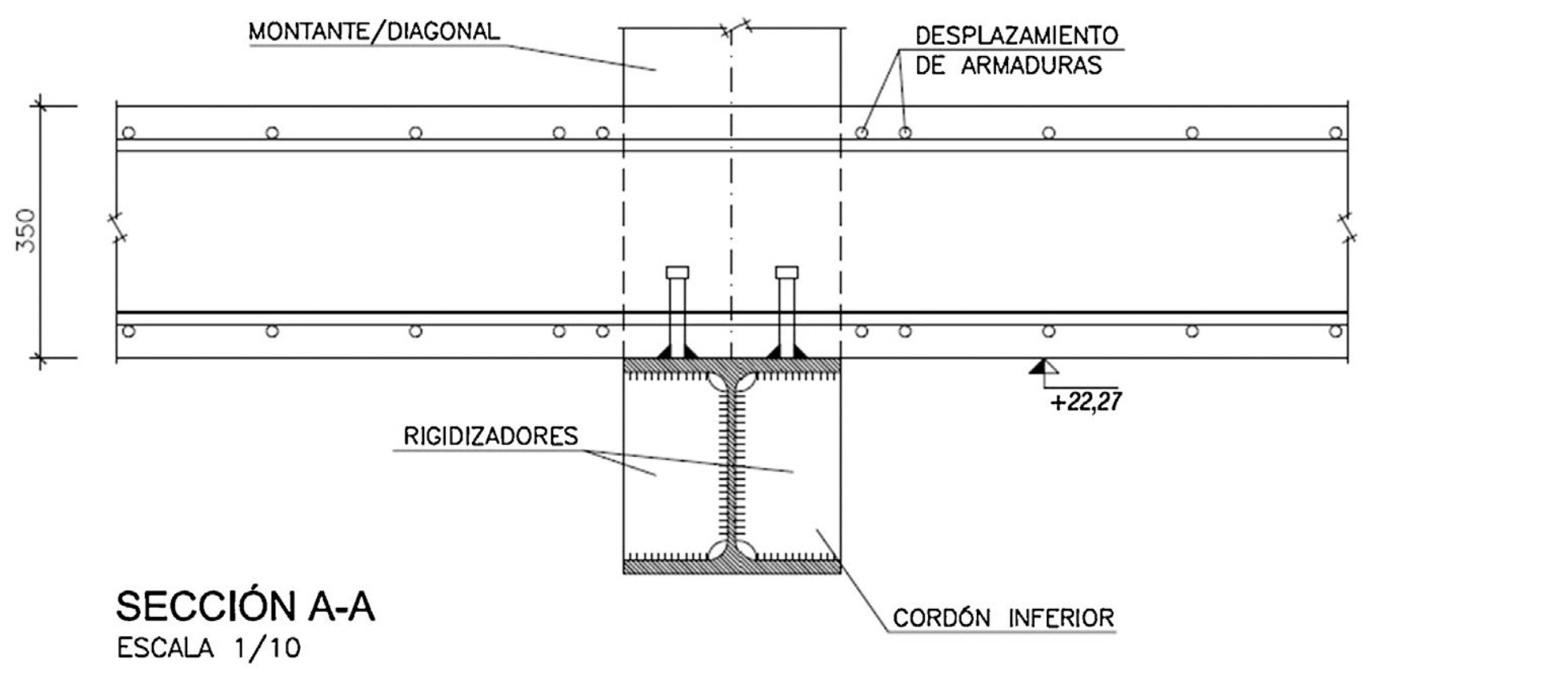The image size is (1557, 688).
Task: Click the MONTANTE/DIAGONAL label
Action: tap(374, 32)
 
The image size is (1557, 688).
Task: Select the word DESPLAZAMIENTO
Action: tap(1016, 36)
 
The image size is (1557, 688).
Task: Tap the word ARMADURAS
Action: tap(1031, 66)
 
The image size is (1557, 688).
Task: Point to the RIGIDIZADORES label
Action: tap(490, 437)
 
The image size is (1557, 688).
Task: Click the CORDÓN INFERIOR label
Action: tap(1003, 618)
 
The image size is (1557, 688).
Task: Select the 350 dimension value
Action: tap(26, 230)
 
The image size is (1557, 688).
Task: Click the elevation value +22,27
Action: tap(1086, 401)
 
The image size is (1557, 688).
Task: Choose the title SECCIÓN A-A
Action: tap(245, 606)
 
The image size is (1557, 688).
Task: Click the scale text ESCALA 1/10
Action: tap(209, 648)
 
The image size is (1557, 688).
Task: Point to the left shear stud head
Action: tap(677, 272)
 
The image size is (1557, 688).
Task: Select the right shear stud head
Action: tap(787, 272)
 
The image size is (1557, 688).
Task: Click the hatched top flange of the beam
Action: tap(731, 366)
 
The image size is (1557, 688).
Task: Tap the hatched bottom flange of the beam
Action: tap(731, 567)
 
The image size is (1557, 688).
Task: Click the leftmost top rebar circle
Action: tap(129, 133)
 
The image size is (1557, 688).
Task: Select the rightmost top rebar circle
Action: tap(1335, 133)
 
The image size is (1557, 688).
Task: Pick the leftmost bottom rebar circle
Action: tap(129, 331)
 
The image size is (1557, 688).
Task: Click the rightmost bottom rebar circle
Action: tap(1335, 331)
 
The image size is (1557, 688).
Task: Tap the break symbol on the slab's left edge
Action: tap(117, 227)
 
